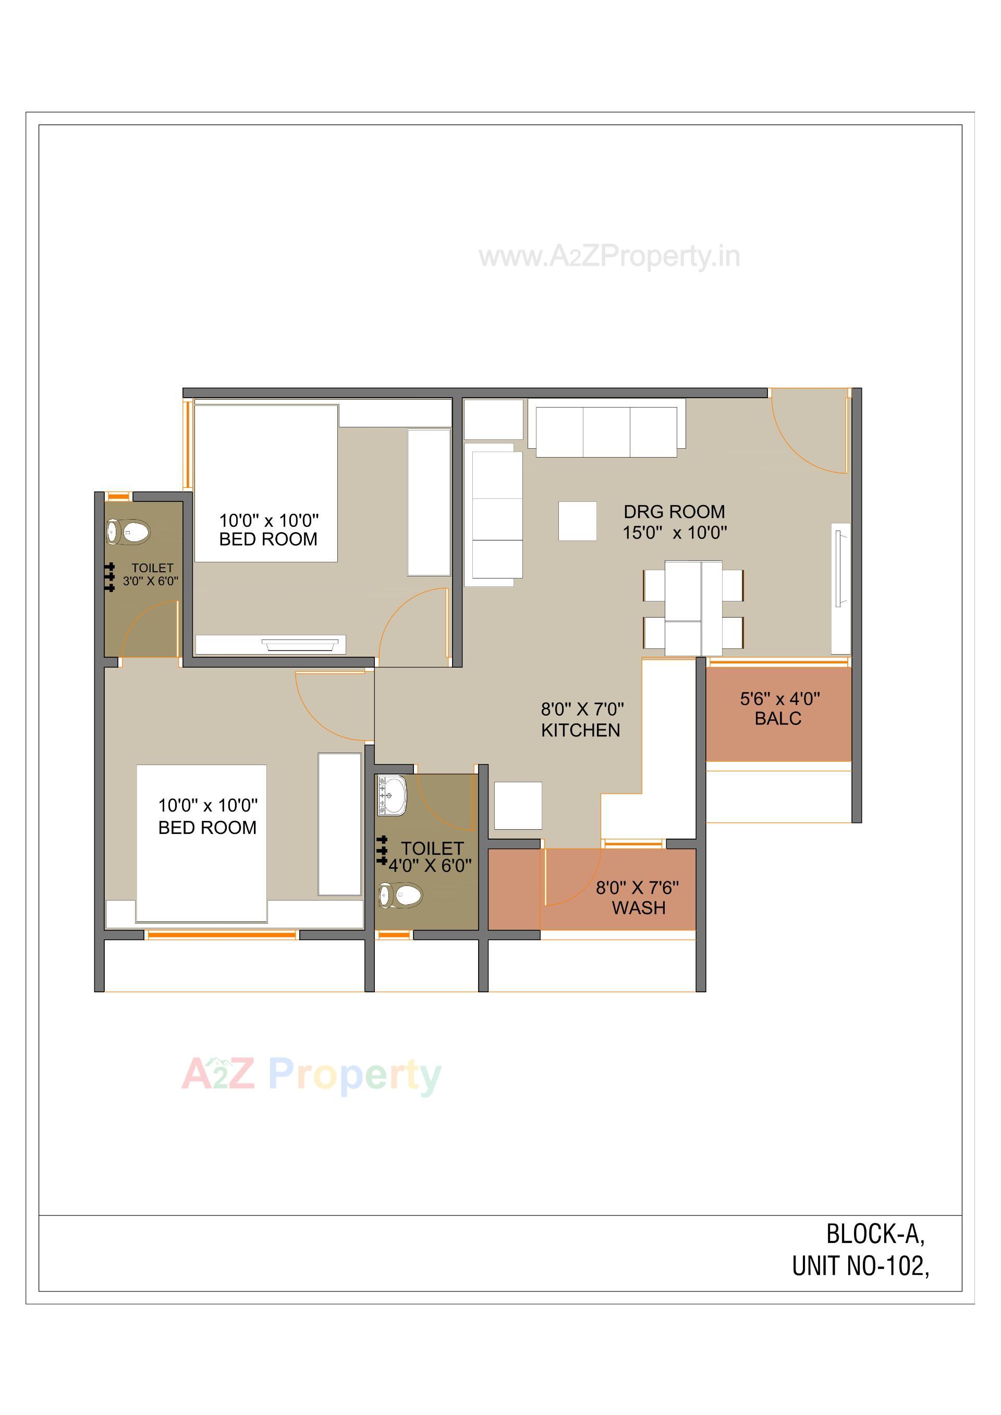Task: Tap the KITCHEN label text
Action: pos(580,730)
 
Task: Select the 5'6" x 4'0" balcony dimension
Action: pos(780,699)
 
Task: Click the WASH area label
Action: pos(639,908)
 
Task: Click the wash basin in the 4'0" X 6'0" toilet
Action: pos(392,795)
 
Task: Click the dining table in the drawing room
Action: pos(693,608)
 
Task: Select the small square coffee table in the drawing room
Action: pos(577,521)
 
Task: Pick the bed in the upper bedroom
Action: pos(266,483)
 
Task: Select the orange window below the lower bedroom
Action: pos(222,935)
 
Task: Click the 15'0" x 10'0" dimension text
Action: pos(674,533)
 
